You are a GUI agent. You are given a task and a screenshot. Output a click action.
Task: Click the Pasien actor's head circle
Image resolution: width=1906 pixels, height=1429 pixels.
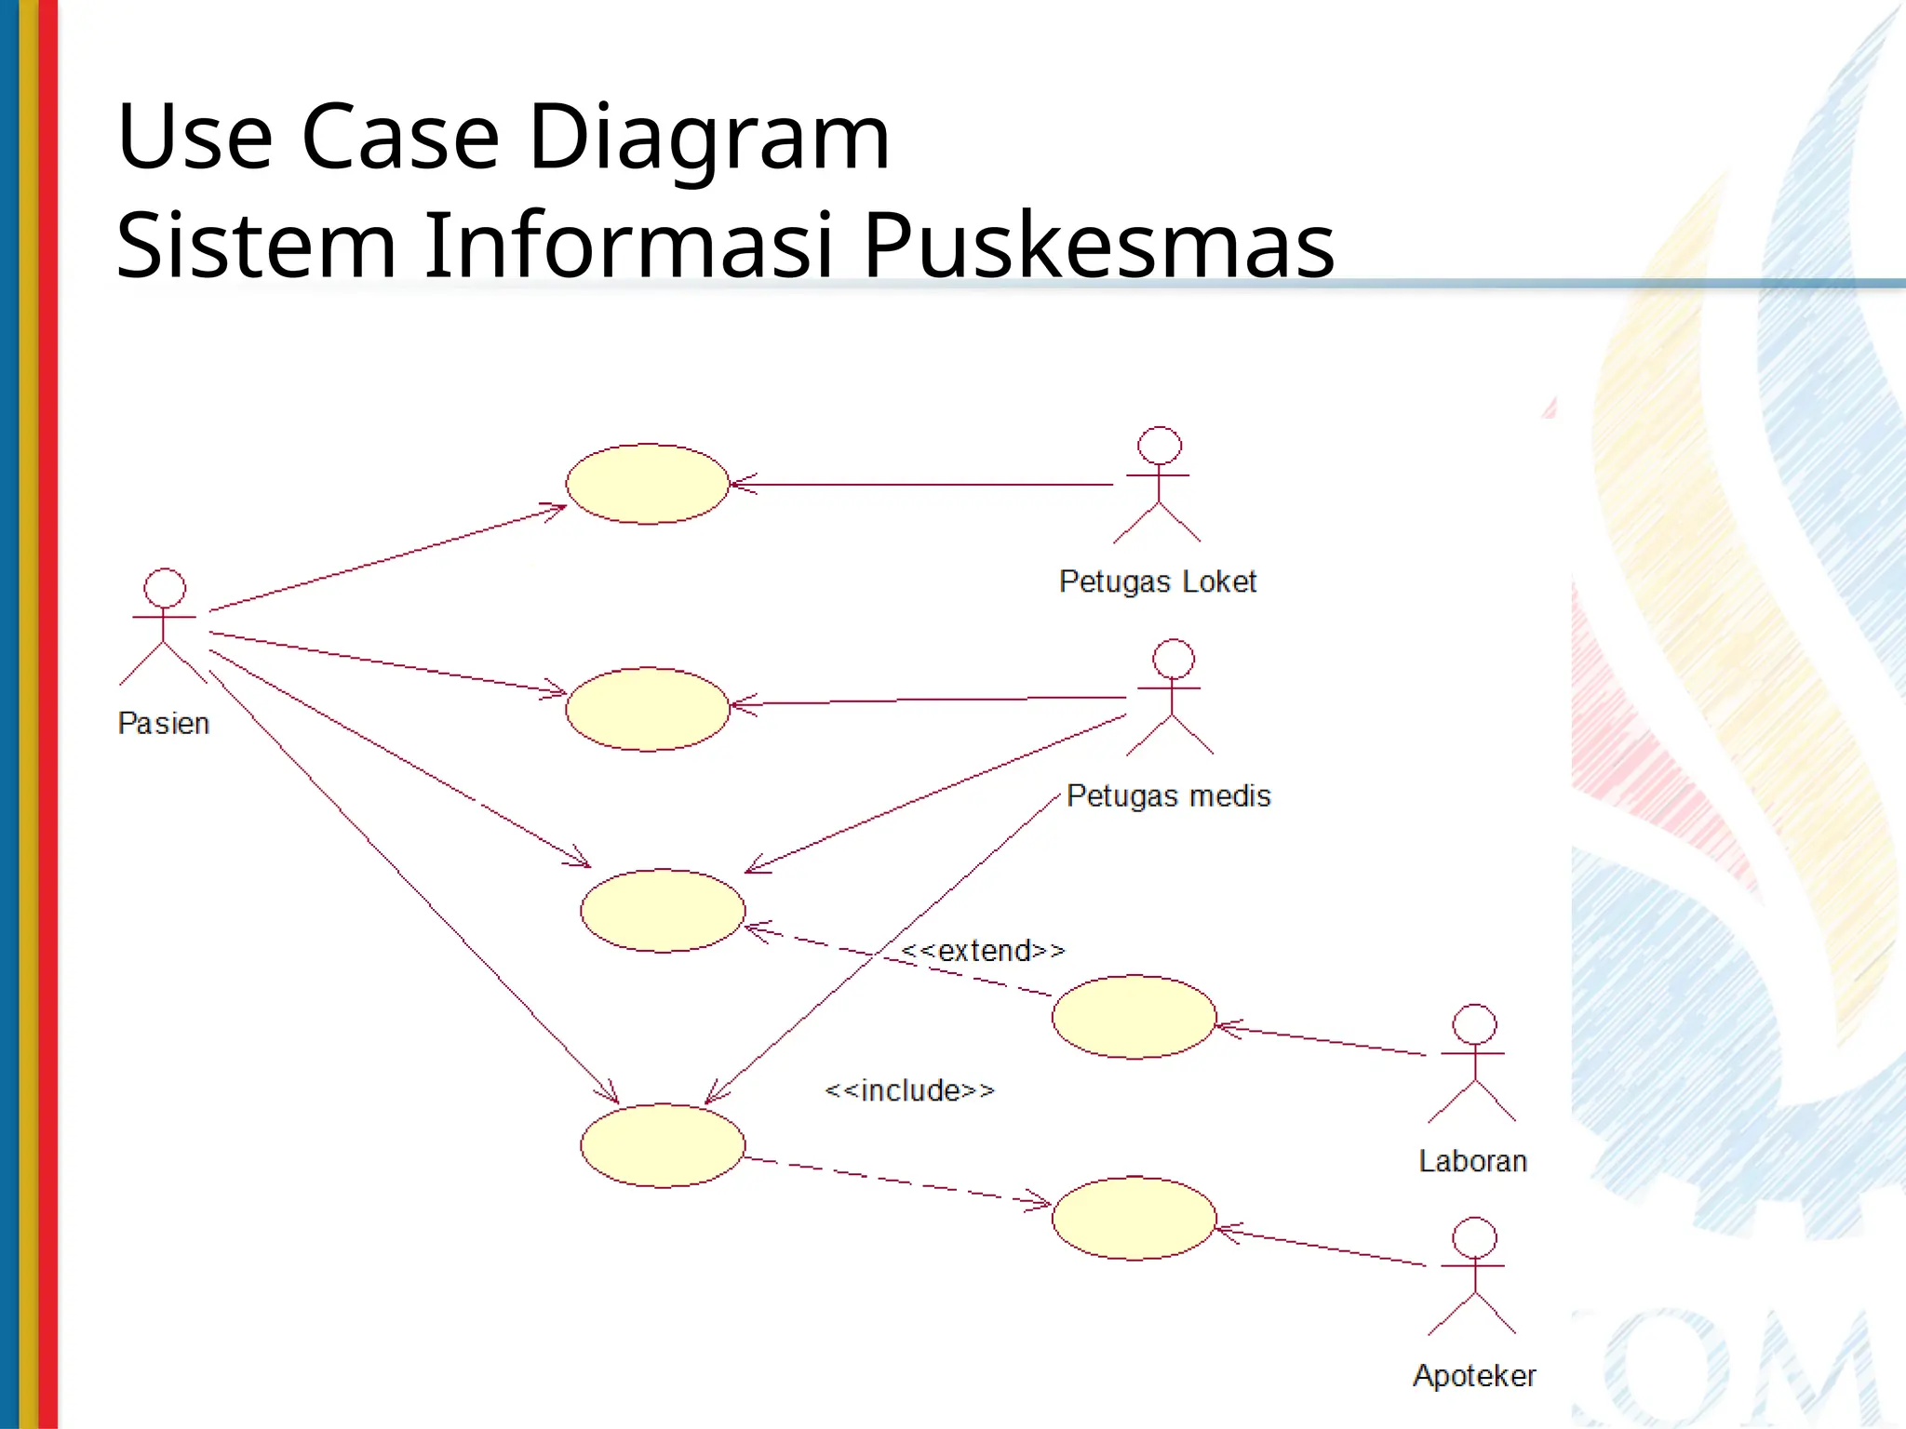coord(165,588)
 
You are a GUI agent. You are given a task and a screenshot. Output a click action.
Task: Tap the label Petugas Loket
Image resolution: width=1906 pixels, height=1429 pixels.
coord(1157,581)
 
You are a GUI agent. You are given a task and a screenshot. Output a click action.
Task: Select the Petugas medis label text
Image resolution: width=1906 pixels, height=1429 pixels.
coord(1168,795)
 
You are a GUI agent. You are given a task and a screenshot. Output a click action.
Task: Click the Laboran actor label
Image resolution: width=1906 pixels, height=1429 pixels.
coord(1472,1161)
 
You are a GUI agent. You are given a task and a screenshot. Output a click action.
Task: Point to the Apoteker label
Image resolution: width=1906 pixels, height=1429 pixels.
coord(1474,1375)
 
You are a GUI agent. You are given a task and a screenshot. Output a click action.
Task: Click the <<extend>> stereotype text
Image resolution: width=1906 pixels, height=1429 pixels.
coord(983,950)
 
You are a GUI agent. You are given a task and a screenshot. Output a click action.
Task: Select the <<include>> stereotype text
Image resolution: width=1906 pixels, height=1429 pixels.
coord(909,1089)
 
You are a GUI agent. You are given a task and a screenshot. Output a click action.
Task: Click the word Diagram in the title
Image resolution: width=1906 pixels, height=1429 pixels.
coord(709,137)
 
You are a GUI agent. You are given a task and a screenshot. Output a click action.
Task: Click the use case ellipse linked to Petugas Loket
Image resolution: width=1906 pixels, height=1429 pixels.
coord(647,484)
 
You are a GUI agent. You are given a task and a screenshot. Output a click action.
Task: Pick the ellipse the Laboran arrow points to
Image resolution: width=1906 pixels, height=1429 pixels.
coord(1134,1016)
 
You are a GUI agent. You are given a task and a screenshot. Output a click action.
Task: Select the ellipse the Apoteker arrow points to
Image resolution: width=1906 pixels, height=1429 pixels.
coord(1134,1218)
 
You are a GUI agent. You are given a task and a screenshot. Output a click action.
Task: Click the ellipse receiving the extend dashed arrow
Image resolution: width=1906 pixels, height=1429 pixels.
coord(663,910)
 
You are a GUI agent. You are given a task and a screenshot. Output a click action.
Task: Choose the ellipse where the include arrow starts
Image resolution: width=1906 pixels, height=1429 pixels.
coord(663,1145)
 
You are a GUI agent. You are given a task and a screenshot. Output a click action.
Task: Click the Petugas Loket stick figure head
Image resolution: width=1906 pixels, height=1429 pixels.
coord(1160,446)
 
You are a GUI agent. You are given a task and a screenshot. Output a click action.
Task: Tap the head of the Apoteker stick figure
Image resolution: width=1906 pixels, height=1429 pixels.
coord(1475,1237)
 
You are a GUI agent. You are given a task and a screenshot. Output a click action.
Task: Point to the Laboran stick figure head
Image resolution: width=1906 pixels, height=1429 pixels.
coord(1475,1024)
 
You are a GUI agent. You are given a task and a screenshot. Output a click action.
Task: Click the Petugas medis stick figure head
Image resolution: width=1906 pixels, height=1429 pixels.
coord(1174,659)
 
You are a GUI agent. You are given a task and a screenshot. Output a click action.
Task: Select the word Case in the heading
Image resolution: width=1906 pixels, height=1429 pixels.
coord(400,137)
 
